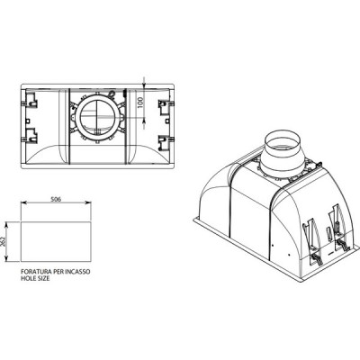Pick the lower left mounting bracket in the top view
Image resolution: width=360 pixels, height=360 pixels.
pos(31,136)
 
